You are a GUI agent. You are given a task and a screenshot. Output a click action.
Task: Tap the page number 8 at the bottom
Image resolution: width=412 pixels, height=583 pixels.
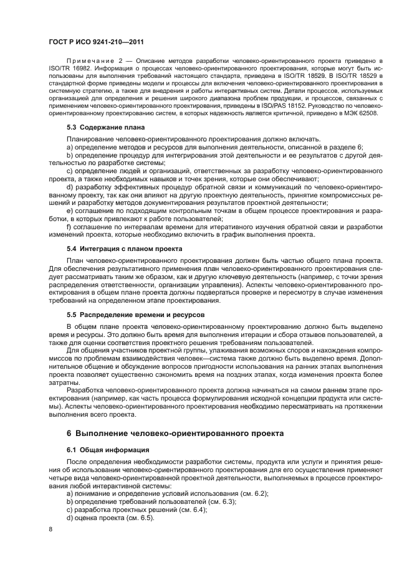point(50,529)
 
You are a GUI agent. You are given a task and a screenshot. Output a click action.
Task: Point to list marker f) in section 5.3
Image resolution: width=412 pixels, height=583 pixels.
point(69,227)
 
